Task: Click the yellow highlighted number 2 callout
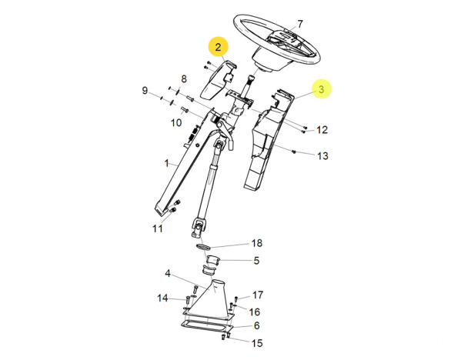click(218, 47)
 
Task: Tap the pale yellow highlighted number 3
click(322, 88)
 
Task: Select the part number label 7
click(299, 24)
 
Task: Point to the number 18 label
click(256, 243)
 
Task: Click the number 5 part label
click(256, 260)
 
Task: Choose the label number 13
click(322, 155)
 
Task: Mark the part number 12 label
click(322, 129)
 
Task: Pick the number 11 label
click(157, 228)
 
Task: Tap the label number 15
click(257, 343)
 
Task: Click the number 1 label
click(167, 163)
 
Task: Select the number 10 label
click(176, 122)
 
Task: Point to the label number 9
click(145, 90)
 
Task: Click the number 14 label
click(162, 298)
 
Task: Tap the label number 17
click(258, 295)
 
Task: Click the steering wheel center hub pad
click(283, 40)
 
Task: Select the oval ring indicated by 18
click(204, 246)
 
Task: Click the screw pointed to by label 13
click(293, 152)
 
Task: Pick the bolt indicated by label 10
click(185, 110)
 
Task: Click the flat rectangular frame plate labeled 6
click(207, 325)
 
